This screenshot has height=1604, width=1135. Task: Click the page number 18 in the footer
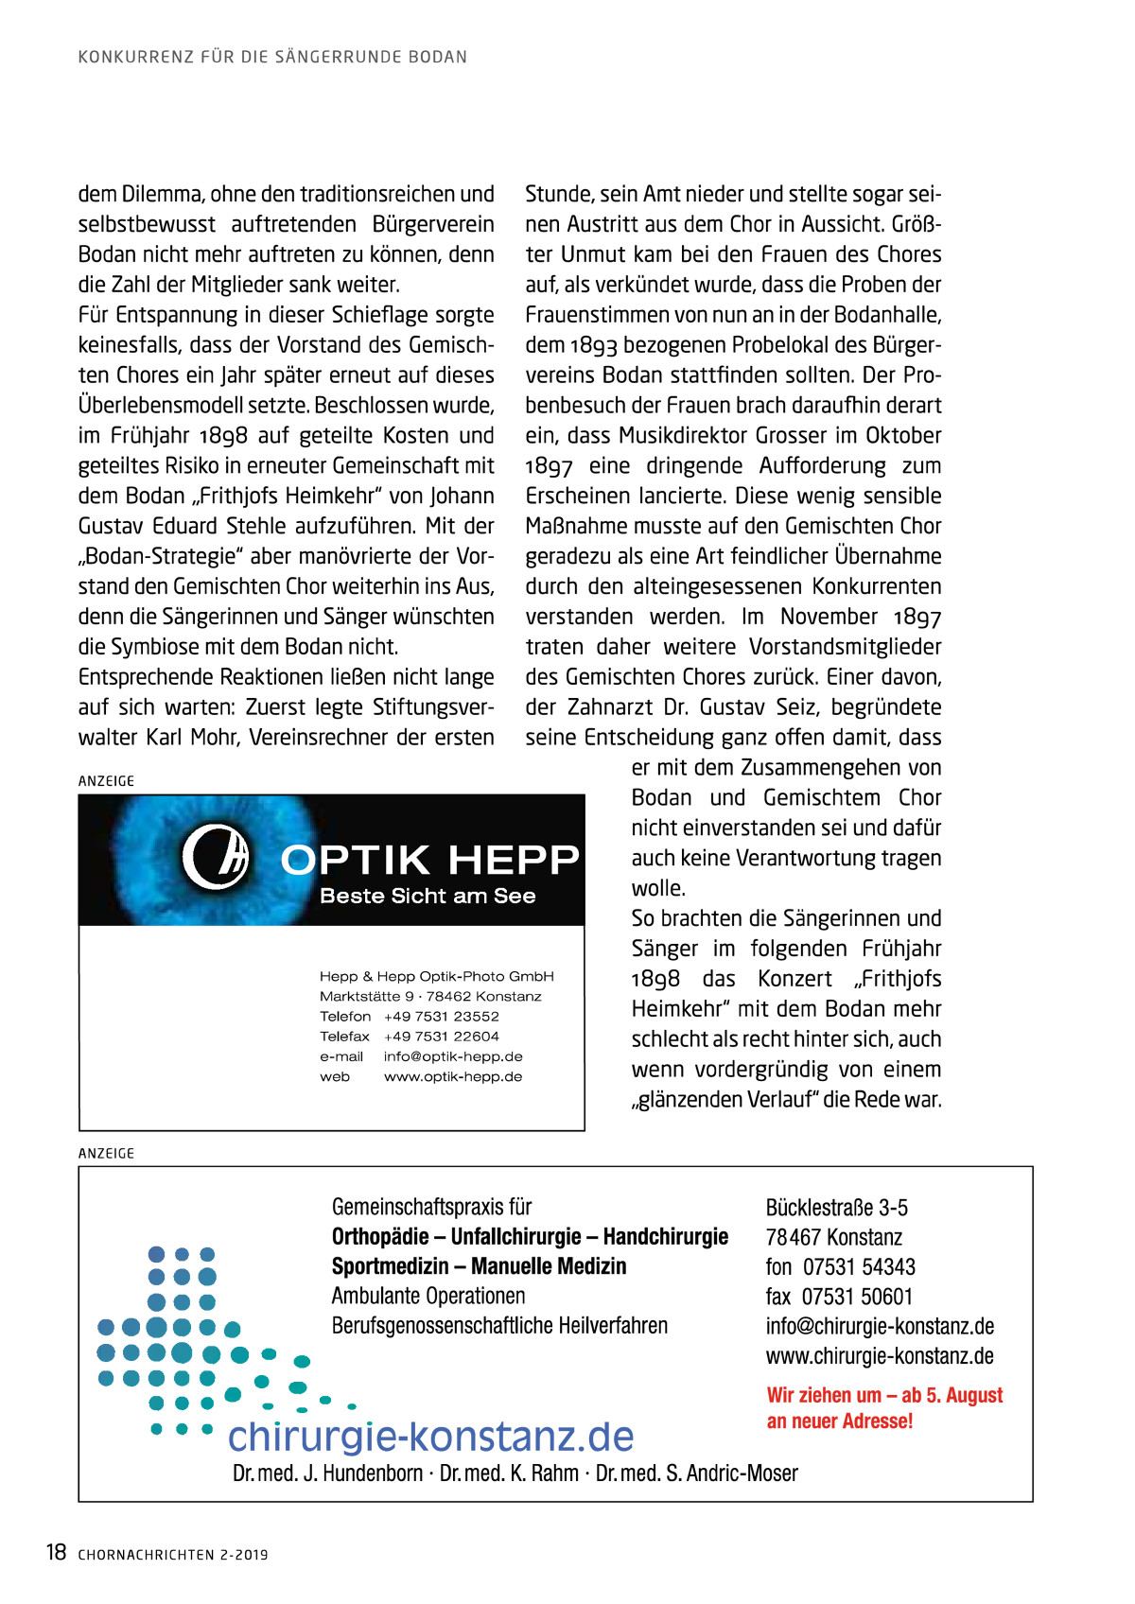[56, 1552]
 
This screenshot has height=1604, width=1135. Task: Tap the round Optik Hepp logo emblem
[216, 856]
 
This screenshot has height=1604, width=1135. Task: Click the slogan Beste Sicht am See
[428, 896]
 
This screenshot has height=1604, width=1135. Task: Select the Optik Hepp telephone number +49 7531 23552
[441, 1016]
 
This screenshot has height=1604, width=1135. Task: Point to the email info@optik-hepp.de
[453, 1056]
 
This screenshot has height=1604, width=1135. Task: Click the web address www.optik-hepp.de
[453, 1076]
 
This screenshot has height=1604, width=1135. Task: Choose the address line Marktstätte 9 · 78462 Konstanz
[430, 996]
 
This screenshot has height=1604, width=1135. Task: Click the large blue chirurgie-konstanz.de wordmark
[430, 1436]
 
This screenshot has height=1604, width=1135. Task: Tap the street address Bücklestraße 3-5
[836, 1208]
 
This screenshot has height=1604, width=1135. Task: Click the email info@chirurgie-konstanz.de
[880, 1326]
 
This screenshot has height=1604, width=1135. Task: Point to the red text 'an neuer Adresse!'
[840, 1421]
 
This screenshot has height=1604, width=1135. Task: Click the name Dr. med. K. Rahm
[509, 1473]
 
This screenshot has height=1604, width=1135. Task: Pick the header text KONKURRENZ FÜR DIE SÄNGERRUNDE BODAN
[272, 57]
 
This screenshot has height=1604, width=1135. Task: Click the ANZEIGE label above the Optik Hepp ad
[106, 781]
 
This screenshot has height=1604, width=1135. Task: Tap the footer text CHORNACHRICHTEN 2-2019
[173, 1554]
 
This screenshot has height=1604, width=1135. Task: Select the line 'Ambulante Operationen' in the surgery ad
[428, 1296]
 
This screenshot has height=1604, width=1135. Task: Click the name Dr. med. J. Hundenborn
[327, 1473]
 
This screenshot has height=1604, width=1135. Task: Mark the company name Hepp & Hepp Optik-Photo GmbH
[436, 976]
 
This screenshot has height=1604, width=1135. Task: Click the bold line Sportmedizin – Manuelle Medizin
[479, 1266]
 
